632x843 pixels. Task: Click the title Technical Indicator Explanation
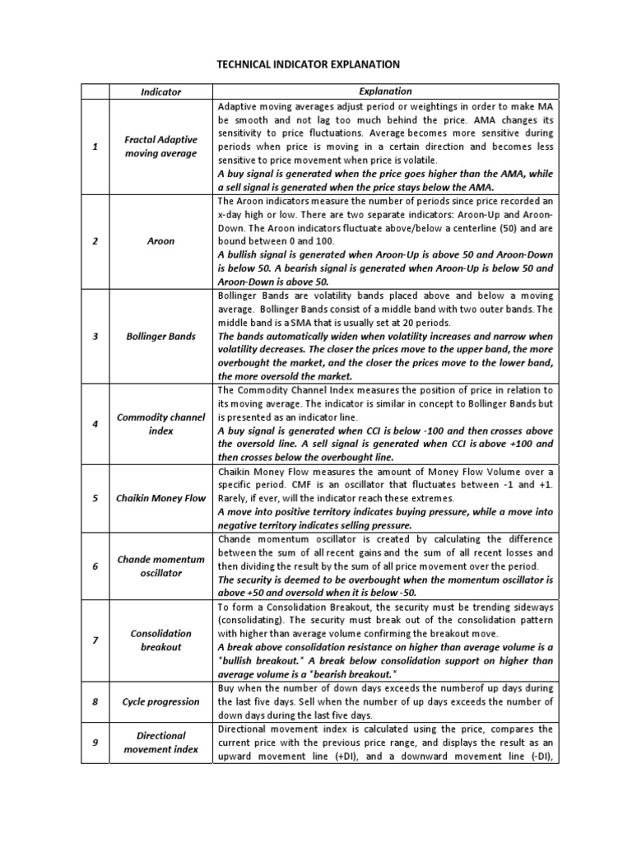pyautogui.click(x=307, y=63)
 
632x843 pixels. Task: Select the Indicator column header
pyautogui.click(x=160, y=92)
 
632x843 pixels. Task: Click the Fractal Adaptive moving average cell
pyautogui.click(x=160, y=147)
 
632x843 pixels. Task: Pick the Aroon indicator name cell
pyautogui.click(x=160, y=242)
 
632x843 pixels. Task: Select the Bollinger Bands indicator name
pyautogui.click(x=160, y=337)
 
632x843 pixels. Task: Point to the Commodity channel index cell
pyautogui.click(x=160, y=424)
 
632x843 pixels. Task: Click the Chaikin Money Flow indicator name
pyautogui.click(x=160, y=498)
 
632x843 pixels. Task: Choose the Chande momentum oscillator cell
pyautogui.click(x=160, y=566)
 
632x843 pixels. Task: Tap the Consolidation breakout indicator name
pyautogui.click(x=160, y=640)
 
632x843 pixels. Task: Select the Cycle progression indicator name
pyautogui.click(x=160, y=701)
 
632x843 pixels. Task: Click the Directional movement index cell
pyautogui.click(x=160, y=742)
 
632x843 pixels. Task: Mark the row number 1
pyautogui.click(x=95, y=147)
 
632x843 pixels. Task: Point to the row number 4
pyautogui.click(x=95, y=424)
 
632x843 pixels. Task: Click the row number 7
pyautogui.click(x=95, y=640)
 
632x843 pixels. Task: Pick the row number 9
pyautogui.click(x=95, y=742)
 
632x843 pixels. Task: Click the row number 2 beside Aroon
pyautogui.click(x=95, y=242)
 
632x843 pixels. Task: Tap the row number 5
pyautogui.click(x=95, y=498)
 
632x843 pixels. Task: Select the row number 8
pyautogui.click(x=95, y=701)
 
